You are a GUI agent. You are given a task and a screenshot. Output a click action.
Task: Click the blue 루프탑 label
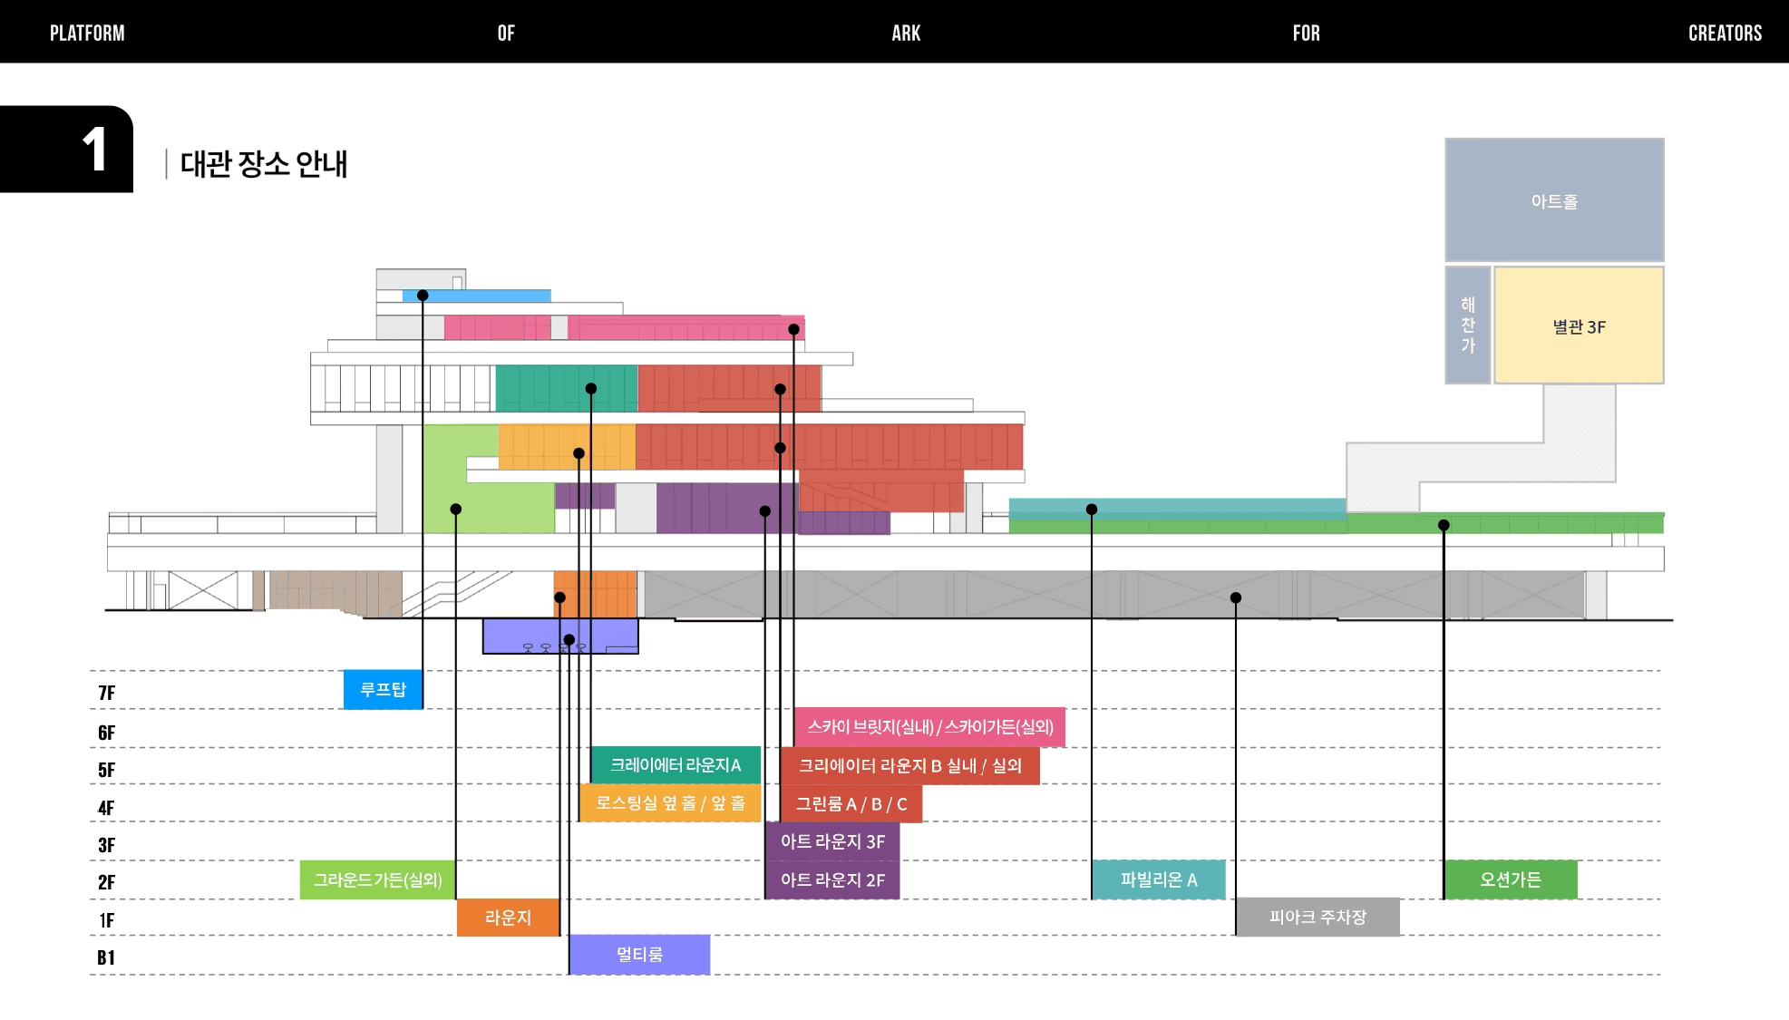coord(383,690)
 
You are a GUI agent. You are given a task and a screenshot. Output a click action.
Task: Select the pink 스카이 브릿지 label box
coord(929,727)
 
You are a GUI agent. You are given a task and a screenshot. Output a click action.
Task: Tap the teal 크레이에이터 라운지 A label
coord(676,765)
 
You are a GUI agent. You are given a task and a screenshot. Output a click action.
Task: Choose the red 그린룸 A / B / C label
coord(851,804)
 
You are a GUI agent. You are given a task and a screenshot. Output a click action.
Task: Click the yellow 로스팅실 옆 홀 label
coord(670,803)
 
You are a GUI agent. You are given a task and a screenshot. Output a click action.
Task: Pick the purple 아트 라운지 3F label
coord(832,841)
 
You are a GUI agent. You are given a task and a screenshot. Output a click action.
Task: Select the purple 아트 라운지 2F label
coord(832,879)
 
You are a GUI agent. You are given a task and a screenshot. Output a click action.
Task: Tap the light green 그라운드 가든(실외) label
coord(377,879)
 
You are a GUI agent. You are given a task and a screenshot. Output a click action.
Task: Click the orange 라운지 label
coord(508,918)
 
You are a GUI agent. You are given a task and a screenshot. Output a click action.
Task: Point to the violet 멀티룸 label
coord(639,955)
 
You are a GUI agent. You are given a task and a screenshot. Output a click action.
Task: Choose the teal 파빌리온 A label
coord(1158,879)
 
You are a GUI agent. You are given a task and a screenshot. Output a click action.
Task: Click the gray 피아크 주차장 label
coord(1317,918)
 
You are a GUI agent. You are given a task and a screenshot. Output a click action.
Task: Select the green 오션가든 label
coord(1510,879)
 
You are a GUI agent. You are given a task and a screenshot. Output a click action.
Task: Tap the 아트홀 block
coord(1554,200)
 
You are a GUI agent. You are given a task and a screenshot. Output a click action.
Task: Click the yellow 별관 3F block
coord(1579,326)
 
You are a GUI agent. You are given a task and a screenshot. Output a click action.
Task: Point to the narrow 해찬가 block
coord(1467,325)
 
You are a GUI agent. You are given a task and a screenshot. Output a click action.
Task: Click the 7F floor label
coord(106,694)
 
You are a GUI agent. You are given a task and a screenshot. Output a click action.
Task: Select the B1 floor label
coord(106,957)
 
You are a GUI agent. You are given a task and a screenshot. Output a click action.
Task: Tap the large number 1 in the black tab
coord(94,150)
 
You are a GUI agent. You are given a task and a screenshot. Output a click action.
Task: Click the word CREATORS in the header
coord(1725,34)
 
